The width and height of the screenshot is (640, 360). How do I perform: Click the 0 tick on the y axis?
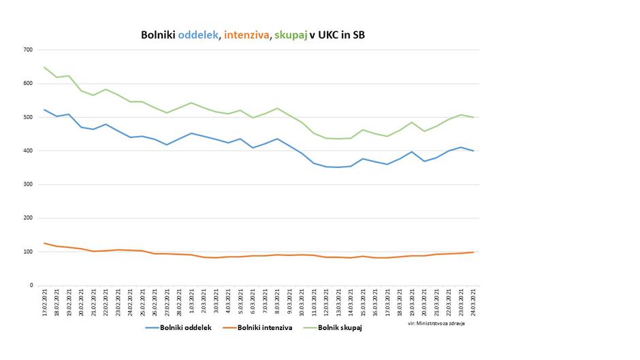click(31, 286)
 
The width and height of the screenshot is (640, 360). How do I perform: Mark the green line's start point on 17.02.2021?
click(44, 67)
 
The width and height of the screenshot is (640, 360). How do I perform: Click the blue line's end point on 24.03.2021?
click(473, 151)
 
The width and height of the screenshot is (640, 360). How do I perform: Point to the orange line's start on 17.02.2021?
click(44, 243)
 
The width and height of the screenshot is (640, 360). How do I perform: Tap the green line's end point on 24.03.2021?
click(473, 117)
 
